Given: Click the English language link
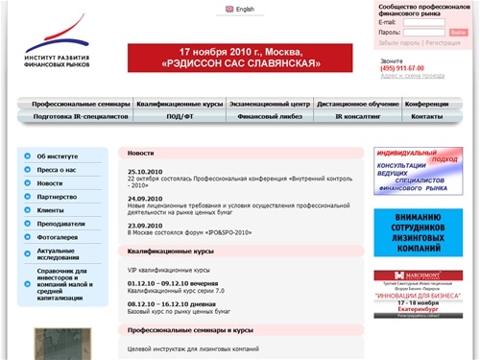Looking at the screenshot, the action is [x=245, y=10].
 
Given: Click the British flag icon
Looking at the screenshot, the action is [x=228, y=10].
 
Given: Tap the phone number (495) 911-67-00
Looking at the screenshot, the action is [x=402, y=68].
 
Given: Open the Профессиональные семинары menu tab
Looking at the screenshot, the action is [x=74, y=102].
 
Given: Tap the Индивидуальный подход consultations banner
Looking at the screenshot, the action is [x=418, y=171].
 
